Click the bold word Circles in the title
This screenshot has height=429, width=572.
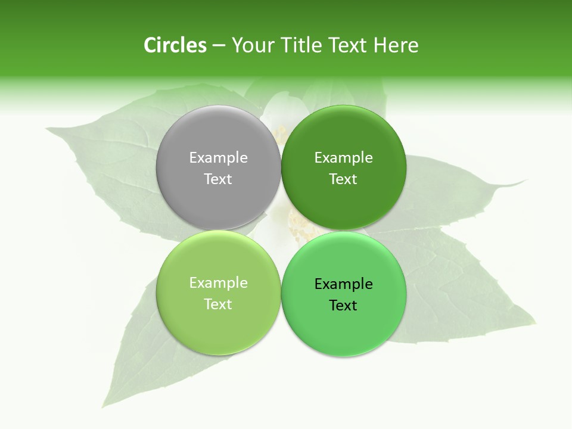(175, 45)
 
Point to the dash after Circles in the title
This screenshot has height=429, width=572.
(219, 46)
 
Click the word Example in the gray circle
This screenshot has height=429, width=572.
(218, 158)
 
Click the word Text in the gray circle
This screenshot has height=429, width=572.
(218, 179)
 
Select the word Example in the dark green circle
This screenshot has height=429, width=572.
(343, 158)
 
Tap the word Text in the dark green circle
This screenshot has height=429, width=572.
(343, 179)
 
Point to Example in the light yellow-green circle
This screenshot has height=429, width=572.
(218, 283)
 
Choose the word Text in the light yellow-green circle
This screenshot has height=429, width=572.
(218, 304)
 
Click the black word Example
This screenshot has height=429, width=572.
(343, 284)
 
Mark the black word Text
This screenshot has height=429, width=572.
(343, 306)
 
